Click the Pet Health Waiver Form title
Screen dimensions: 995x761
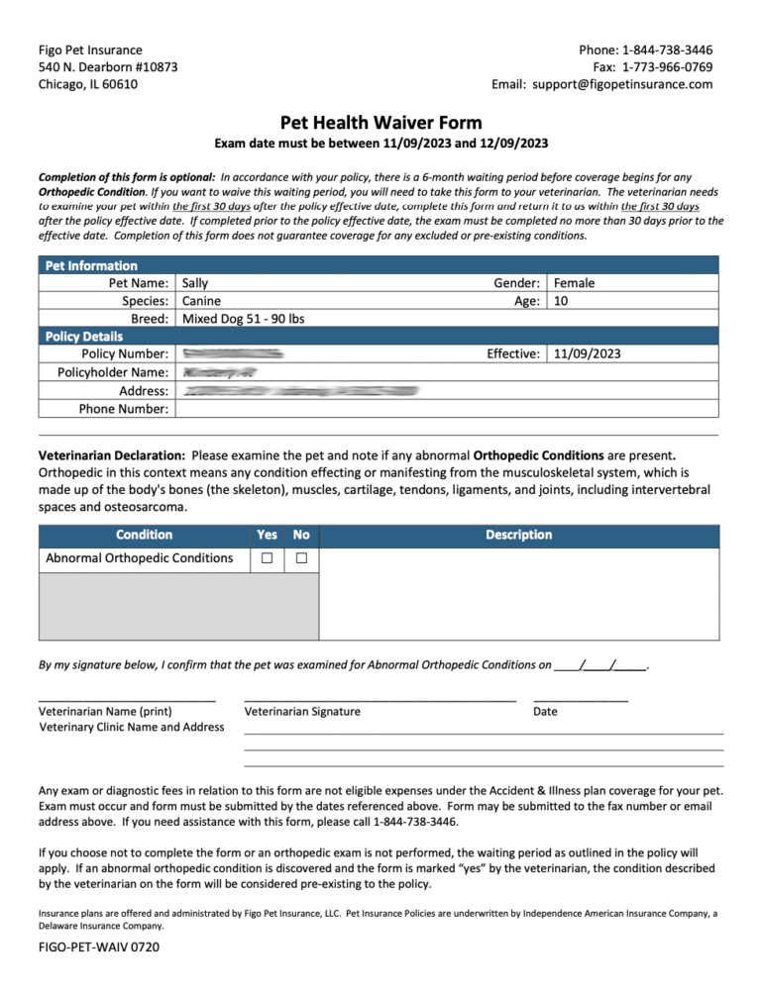(380, 123)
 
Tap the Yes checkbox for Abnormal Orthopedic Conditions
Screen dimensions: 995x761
(267, 559)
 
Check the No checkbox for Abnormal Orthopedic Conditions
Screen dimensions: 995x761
(301, 559)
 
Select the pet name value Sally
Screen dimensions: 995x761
(196, 283)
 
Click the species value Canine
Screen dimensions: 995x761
(202, 301)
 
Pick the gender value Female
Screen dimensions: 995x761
(575, 283)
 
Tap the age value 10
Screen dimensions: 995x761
(561, 301)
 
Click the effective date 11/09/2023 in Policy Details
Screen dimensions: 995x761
(588, 353)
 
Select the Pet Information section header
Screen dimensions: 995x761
(91, 265)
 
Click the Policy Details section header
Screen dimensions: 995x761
(84, 337)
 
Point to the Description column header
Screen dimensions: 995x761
(518, 535)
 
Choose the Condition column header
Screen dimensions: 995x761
(144, 535)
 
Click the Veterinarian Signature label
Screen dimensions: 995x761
(302, 711)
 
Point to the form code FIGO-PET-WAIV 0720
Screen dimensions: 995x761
(99, 947)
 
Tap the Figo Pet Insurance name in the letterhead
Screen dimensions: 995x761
(90, 50)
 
